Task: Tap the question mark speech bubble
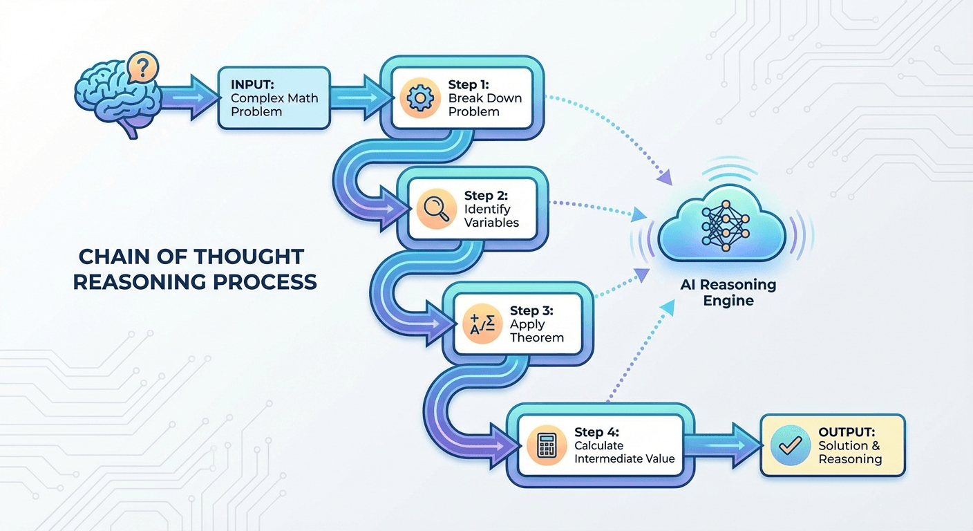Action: tap(143, 68)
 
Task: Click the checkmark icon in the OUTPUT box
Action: tap(788, 445)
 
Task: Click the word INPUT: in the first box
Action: tap(253, 85)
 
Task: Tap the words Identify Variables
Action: tap(491, 216)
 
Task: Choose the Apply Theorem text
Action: tap(537, 330)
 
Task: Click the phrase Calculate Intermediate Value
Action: tap(624, 452)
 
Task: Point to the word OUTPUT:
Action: tap(847, 432)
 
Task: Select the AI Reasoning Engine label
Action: tap(728, 292)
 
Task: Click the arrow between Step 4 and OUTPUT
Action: tap(726, 442)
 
